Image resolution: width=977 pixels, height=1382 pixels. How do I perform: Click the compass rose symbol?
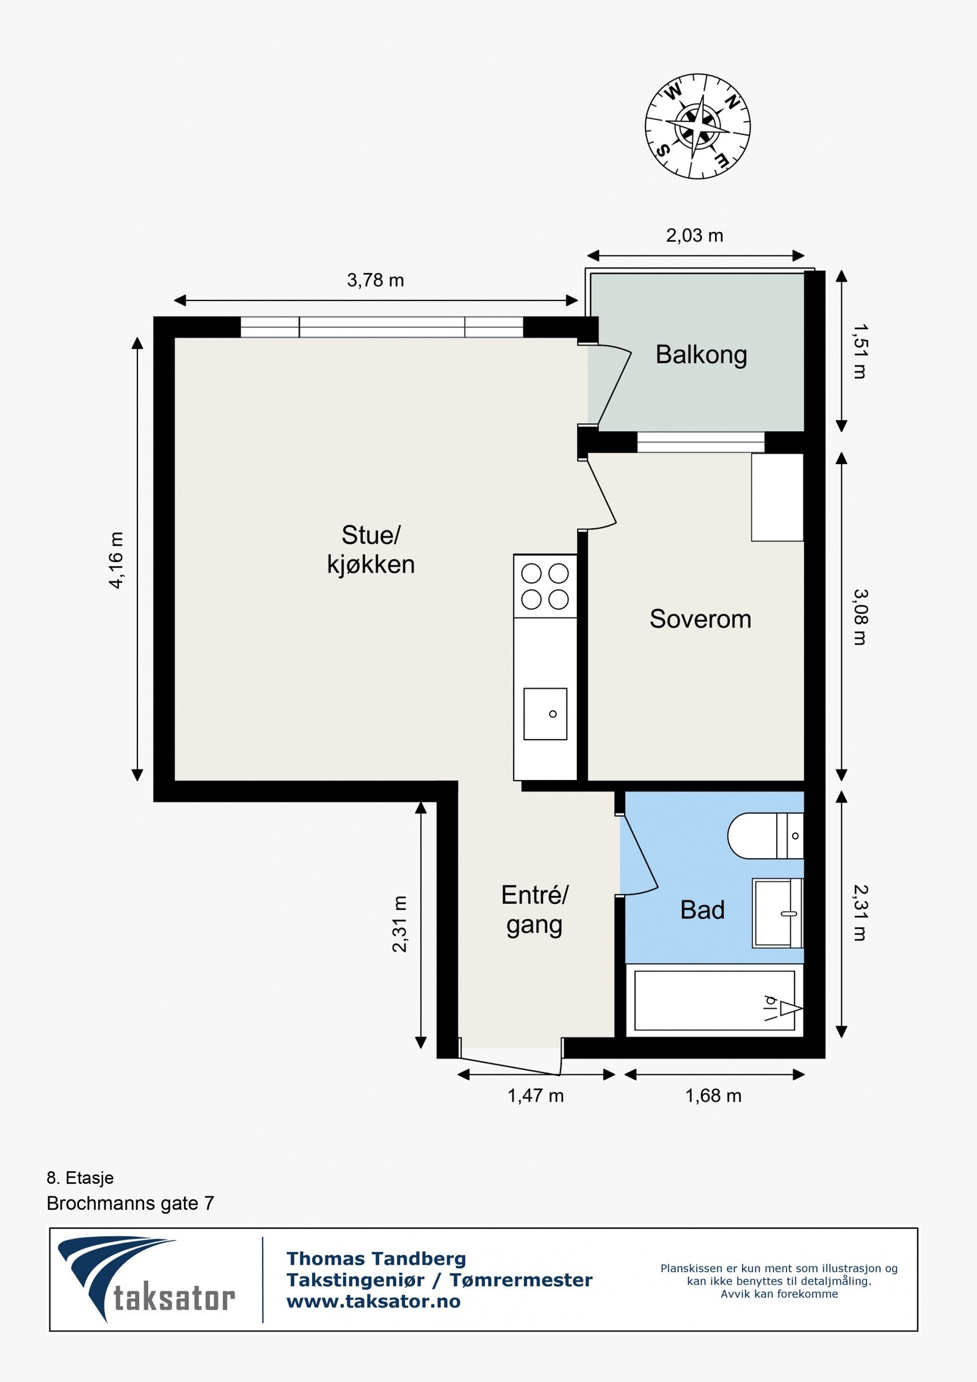[x=698, y=126]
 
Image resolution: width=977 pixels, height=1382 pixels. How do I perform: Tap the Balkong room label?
[x=701, y=355]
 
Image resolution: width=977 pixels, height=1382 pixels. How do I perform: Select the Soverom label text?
[x=700, y=619]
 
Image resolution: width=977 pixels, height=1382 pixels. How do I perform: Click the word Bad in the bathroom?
[x=702, y=910]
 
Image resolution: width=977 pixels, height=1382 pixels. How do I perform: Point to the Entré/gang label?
[x=534, y=909]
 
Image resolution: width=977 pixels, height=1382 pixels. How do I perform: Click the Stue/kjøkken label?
[x=371, y=550]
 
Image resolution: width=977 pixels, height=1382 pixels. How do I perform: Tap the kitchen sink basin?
[x=545, y=714]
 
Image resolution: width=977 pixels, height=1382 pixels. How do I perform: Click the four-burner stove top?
[x=545, y=586]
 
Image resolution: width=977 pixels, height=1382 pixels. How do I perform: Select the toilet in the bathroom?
[x=766, y=835]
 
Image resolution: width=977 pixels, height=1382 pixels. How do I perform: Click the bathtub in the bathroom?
[x=714, y=1000]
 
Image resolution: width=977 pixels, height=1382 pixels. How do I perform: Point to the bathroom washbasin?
[x=777, y=914]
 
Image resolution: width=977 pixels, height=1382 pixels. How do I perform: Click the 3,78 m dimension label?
[x=376, y=280]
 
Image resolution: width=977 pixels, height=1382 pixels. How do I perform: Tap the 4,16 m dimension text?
[x=115, y=559]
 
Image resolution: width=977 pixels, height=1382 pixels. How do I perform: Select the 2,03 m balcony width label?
[x=694, y=235]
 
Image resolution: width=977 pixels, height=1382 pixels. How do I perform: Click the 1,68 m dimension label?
[x=713, y=1096]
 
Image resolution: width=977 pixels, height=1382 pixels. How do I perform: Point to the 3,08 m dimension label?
[x=860, y=617]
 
